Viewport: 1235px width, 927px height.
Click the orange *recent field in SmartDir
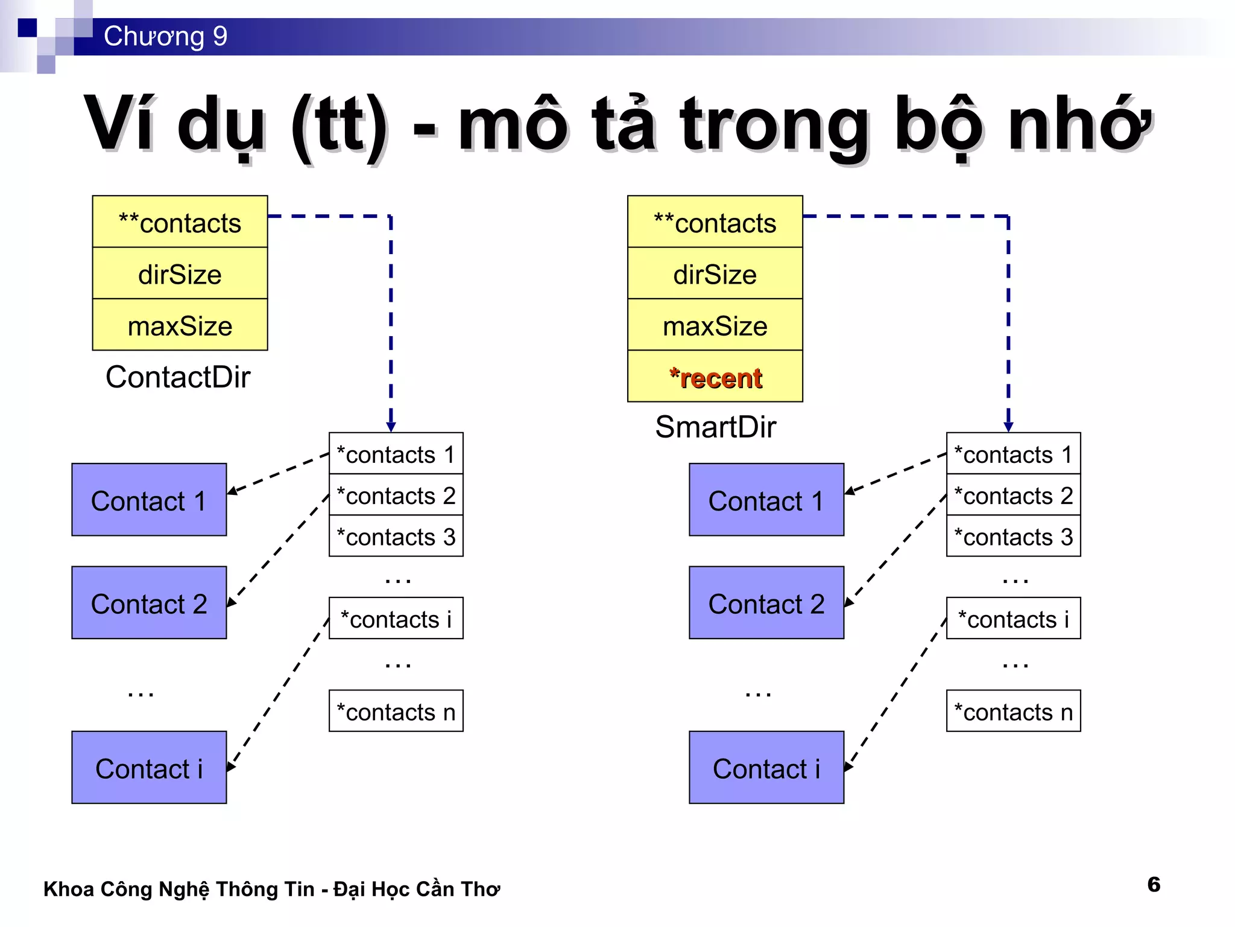pyautogui.click(x=715, y=377)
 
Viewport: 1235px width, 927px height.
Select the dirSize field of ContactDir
pyautogui.click(x=180, y=274)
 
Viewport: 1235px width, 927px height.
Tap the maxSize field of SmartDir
pyautogui.click(x=715, y=326)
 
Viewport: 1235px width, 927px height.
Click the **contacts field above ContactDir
pyautogui.click(x=180, y=223)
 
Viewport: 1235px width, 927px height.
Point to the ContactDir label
pyautogui.click(x=178, y=377)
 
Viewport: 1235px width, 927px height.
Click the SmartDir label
pyautogui.click(x=715, y=427)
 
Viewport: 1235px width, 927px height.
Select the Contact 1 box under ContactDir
pyautogui.click(x=149, y=500)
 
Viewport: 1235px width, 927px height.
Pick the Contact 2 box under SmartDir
pyautogui.click(x=766, y=603)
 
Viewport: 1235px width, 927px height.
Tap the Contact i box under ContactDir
pyautogui.click(x=149, y=768)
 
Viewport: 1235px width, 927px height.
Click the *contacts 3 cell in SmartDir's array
pyautogui.click(x=1014, y=536)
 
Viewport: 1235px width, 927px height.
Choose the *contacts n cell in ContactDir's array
pyautogui.click(x=396, y=712)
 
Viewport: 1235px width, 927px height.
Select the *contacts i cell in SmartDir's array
pyautogui.click(x=1014, y=619)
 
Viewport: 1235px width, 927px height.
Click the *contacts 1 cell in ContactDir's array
pyautogui.click(x=396, y=454)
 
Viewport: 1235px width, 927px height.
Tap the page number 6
pyautogui.click(x=1154, y=884)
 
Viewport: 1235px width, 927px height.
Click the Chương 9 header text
pyautogui.click(x=165, y=36)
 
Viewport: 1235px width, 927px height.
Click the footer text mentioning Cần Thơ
pyautogui.click(x=271, y=889)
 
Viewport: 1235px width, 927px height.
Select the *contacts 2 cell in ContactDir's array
pyautogui.click(x=396, y=495)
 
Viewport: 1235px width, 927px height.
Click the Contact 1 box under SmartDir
pyautogui.click(x=766, y=500)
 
